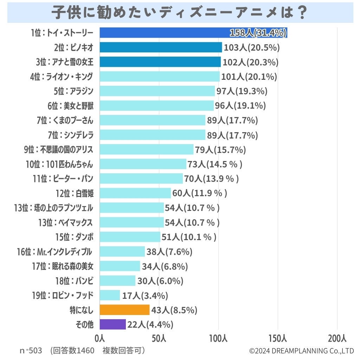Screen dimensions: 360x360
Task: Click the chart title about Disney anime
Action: pyautogui.click(x=180, y=13)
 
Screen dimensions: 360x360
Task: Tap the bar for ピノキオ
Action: pyautogui.click(x=161, y=47)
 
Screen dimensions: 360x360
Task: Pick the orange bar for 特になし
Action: pyautogui.click(x=124, y=310)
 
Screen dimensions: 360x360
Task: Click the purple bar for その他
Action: pyautogui.click(x=112, y=324)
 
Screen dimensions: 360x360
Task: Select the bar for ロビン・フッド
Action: pyautogui.click(x=110, y=295)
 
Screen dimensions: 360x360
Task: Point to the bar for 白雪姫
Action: pyautogui.click(x=135, y=193)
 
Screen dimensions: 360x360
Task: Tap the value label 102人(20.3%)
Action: pyautogui.click(x=250, y=62)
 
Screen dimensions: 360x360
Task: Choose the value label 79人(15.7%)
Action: pyautogui.click(x=220, y=150)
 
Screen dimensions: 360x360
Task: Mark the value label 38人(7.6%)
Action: pyautogui.click(x=169, y=252)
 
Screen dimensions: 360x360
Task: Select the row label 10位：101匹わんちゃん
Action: pyautogui.click(x=59, y=164)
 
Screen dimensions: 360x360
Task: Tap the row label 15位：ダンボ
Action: pyautogui.click(x=74, y=237)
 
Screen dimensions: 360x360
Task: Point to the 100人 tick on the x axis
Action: pyautogui.click(x=218, y=339)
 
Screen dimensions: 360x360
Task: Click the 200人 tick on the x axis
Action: pyautogui.click(x=337, y=339)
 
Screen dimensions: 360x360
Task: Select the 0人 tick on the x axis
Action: pyautogui.click(x=100, y=339)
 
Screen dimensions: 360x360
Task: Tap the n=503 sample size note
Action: pyautogui.click(x=31, y=351)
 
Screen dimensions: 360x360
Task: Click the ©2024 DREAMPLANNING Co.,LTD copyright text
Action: pyautogui.click(x=301, y=351)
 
